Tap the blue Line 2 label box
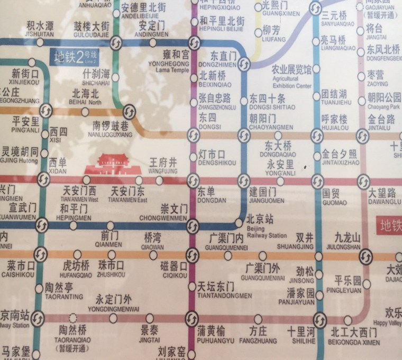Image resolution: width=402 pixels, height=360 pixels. (75, 57)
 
